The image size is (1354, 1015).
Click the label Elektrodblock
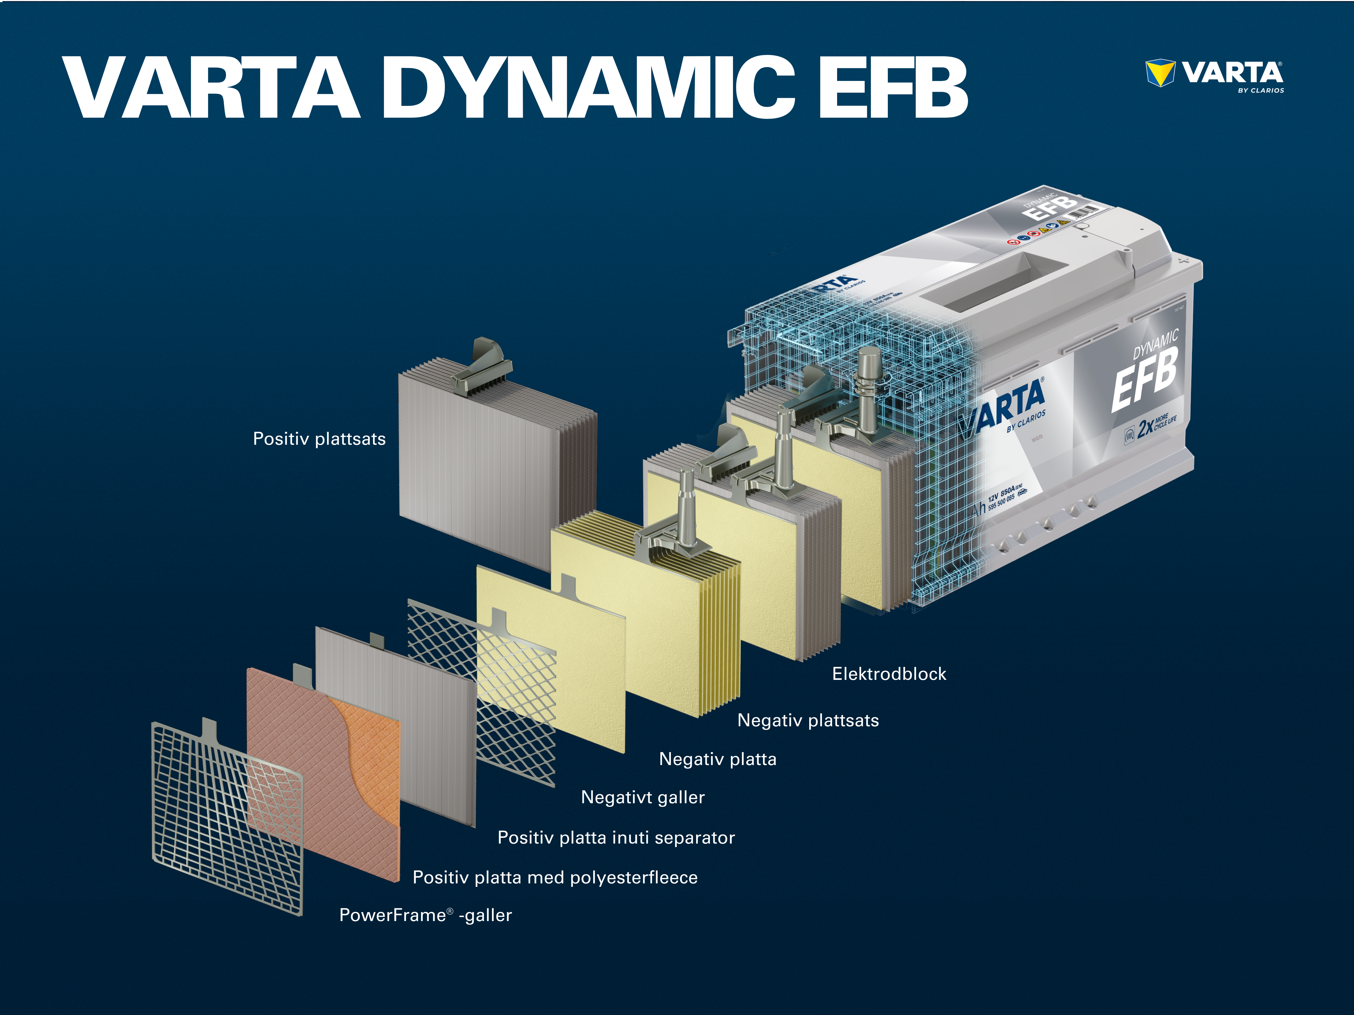pyautogui.click(x=889, y=674)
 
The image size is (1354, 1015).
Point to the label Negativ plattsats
pyautogui.click(x=808, y=721)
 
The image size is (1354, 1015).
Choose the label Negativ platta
pyautogui.click(x=717, y=759)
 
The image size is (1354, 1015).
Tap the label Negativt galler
pyautogui.click(x=643, y=797)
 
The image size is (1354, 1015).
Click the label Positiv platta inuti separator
pyautogui.click(x=616, y=837)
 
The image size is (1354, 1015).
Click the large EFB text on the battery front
pyautogui.click(x=1143, y=379)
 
